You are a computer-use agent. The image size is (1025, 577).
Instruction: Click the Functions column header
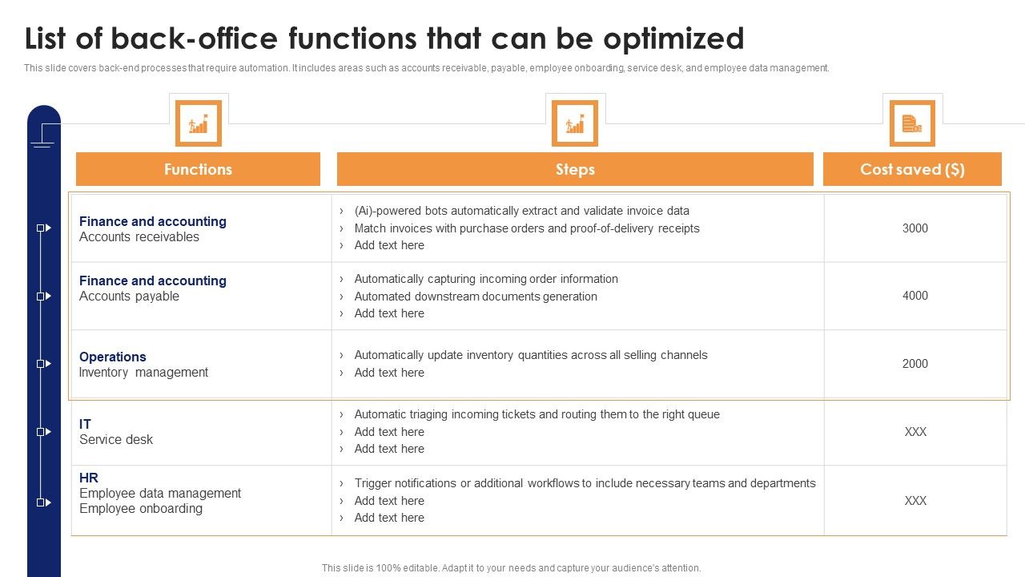click(198, 169)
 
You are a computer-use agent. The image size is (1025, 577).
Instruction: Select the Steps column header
click(575, 169)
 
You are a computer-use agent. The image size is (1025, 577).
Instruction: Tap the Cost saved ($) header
click(912, 169)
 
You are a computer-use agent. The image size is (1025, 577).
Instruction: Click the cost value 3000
click(914, 228)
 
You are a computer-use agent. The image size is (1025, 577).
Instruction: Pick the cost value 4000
click(914, 296)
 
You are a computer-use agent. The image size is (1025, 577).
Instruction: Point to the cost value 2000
click(914, 364)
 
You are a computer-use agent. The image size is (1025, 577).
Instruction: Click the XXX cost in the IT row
click(914, 432)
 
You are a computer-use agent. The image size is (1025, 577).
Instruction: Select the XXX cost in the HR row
click(914, 501)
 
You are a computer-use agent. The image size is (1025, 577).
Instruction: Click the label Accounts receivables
click(139, 237)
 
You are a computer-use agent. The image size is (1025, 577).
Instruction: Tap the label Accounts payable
click(129, 297)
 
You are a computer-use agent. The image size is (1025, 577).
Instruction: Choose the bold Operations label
click(113, 357)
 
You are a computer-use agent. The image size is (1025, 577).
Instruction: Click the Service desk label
click(116, 440)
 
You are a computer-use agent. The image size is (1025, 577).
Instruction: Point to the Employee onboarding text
click(141, 509)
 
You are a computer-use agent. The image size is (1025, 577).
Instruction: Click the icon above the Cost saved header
click(912, 123)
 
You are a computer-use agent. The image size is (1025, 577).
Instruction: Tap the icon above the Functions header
click(198, 123)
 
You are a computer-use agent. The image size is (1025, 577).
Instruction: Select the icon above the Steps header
click(575, 123)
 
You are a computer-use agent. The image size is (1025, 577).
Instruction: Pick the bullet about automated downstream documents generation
click(476, 297)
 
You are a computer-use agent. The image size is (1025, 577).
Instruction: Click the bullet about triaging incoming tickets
click(537, 414)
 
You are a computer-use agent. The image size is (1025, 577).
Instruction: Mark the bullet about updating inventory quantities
click(531, 355)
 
